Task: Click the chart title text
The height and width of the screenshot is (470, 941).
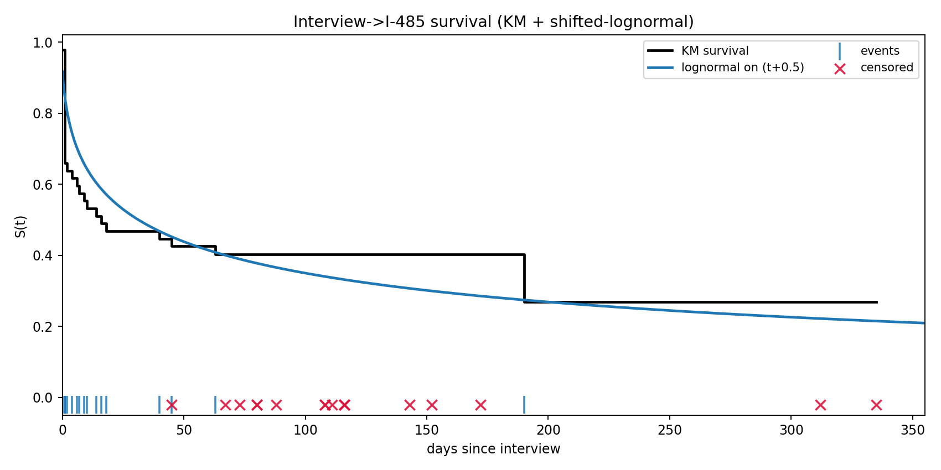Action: pos(493,22)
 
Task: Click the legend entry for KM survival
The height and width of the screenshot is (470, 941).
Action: pos(715,51)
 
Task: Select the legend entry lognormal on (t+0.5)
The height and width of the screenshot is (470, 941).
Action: pos(742,67)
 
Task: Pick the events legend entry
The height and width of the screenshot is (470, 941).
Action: pos(880,51)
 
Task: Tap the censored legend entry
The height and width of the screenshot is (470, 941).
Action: pos(886,67)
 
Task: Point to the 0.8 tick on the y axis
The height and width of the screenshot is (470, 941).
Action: pos(43,114)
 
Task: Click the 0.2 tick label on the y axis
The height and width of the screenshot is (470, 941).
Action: pos(43,327)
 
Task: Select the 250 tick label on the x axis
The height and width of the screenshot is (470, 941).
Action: pos(670,430)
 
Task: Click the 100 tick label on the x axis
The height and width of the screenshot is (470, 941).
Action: pos(306,430)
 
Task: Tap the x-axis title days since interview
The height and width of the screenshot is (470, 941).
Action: pos(493,449)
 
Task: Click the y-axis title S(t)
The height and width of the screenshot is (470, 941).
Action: pos(20,226)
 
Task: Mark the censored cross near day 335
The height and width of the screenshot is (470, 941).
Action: pos(876,405)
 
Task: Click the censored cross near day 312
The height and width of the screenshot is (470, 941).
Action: pos(820,405)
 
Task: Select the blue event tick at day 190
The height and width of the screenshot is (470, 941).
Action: pos(524,405)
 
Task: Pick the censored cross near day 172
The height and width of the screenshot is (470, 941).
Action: pos(480,405)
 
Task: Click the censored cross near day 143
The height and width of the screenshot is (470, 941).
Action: pos(410,405)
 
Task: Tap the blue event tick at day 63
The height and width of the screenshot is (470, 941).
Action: pos(215,405)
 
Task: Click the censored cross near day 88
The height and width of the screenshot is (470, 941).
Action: pos(276,405)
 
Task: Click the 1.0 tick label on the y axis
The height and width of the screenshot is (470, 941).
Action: pos(43,43)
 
